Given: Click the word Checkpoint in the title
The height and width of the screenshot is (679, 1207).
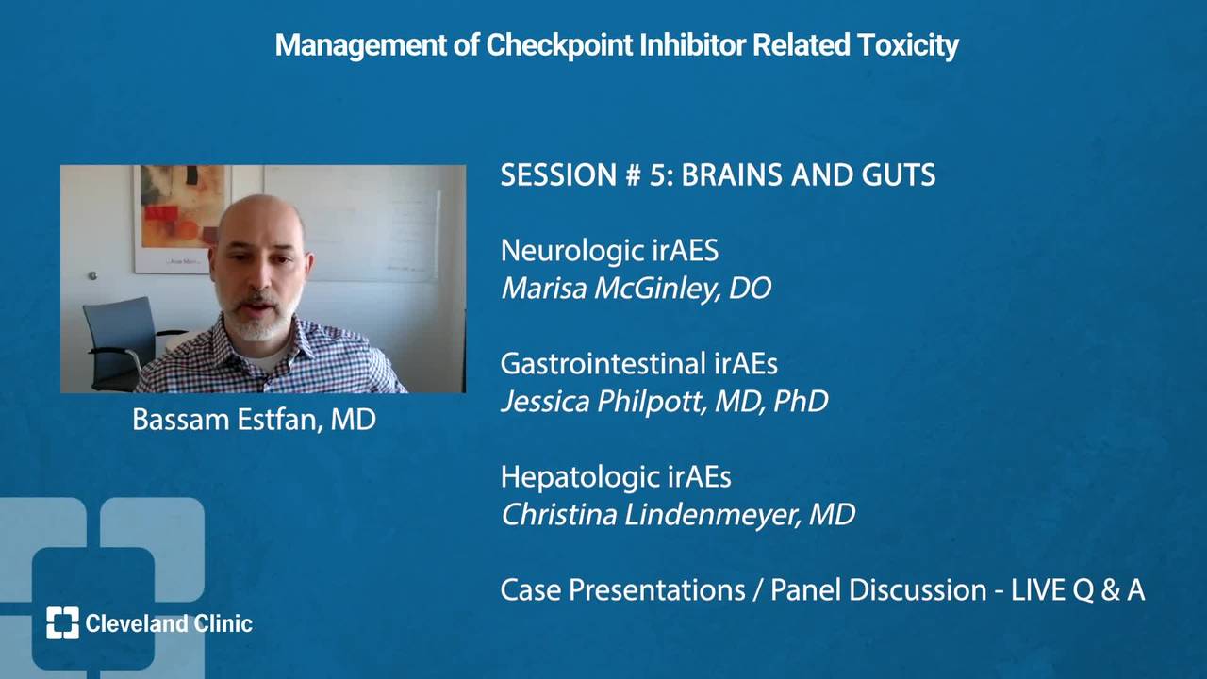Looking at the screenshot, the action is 559,44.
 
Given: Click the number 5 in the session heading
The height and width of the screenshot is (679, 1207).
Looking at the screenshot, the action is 658,174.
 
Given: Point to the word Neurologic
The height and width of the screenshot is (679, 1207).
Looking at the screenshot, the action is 572,251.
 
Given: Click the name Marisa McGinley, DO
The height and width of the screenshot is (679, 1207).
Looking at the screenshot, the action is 637,289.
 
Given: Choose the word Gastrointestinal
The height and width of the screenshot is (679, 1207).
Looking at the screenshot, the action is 603,364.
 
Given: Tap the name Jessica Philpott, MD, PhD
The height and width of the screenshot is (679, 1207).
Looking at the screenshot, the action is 665,402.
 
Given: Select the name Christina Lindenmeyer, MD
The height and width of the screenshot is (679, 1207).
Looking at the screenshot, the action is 678,515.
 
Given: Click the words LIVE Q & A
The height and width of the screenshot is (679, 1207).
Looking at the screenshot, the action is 1078,590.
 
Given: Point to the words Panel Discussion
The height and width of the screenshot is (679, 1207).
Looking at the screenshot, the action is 879,590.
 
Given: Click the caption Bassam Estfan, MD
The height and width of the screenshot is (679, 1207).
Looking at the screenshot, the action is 254,420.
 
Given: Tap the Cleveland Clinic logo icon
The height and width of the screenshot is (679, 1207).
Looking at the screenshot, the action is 62,623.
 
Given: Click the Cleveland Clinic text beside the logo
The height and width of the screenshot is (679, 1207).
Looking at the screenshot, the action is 169,623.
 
